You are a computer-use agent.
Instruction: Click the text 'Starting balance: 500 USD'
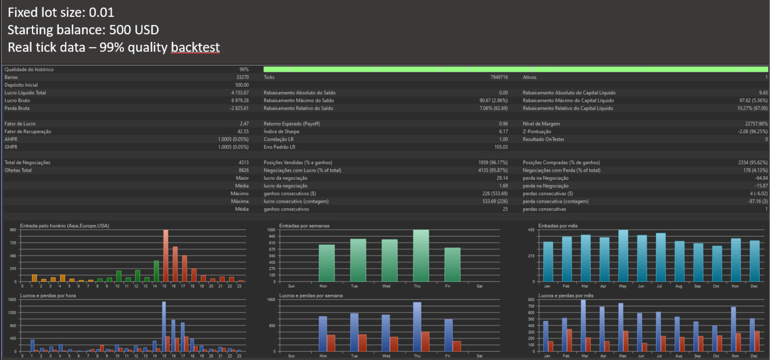[83, 30]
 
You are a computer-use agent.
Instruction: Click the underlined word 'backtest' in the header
[195, 47]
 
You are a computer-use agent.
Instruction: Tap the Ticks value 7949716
[496, 77]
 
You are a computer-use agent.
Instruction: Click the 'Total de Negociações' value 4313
[243, 162]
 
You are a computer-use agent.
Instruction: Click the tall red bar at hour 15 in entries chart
[166, 255]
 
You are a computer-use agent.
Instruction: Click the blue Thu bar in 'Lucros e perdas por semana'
[417, 326]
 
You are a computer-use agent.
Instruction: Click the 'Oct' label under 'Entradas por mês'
[717, 286]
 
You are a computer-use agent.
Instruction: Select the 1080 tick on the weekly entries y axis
[270, 230]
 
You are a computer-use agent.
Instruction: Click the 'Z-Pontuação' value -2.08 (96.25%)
[747, 131]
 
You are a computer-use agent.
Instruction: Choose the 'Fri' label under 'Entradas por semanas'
[448, 286]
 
